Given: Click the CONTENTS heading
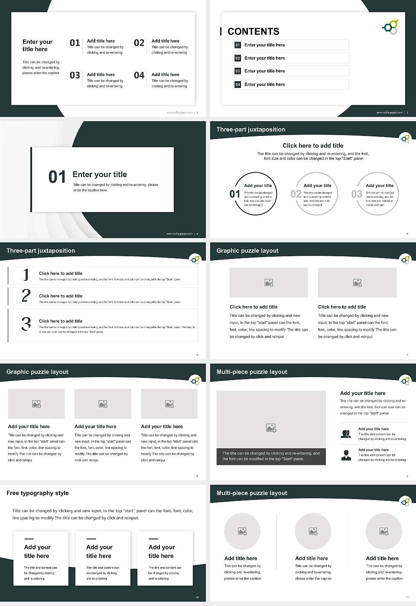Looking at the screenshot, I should coord(253,32).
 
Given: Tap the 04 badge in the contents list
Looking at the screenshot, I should coord(237,84).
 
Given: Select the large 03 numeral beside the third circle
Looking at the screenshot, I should coord(357,194).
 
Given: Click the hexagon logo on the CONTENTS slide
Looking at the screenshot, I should coord(390,27).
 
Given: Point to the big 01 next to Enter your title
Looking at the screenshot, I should coord(57,177).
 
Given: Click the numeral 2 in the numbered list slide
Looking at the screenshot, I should coord(26,296).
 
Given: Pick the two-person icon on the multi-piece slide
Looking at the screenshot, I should coord(346,434).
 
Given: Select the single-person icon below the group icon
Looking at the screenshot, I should coord(346,455).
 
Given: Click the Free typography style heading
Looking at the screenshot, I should coord(38,493).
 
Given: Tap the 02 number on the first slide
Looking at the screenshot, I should coord(139,43).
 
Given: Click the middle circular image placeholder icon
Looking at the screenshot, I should coord(313,531).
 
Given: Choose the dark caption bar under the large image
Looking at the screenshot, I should coord(271,456).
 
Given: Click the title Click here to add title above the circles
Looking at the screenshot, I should coord(313,146).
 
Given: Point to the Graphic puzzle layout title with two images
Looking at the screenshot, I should coord(247,251).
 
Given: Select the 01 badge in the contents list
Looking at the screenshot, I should coord(237,45).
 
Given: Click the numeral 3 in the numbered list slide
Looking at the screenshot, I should coord(26,324).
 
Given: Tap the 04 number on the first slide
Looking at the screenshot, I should coord(139,76).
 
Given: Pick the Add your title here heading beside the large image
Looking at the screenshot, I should coord(363,393).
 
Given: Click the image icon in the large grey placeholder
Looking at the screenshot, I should coord(271,428).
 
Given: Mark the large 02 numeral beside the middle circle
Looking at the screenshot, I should coord(296,194).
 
